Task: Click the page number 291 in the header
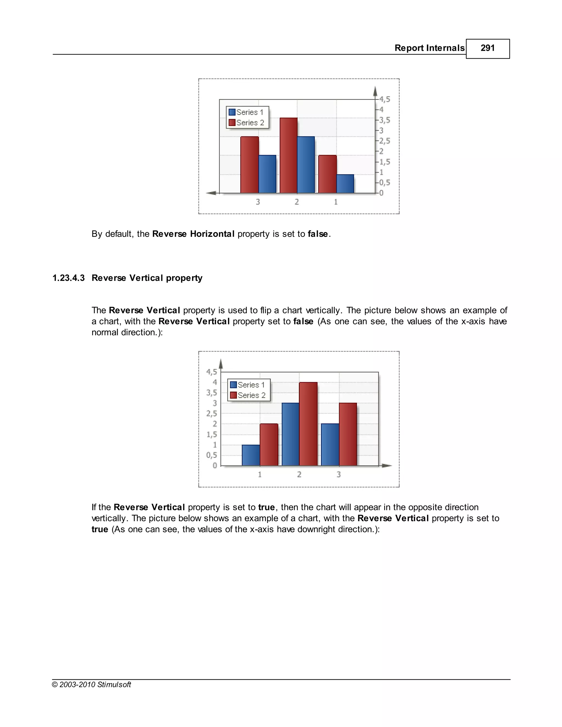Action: pos(487,48)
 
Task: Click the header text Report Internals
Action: pos(429,48)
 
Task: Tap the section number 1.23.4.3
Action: pos(69,278)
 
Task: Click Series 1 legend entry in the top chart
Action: pos(246,112)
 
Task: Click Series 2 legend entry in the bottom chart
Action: pos(248,395)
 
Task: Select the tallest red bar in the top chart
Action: pos(288,156)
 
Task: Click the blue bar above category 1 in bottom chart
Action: pos(251,455)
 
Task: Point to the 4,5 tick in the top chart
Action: pos(384,99)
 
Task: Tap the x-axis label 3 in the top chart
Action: pos(258,202)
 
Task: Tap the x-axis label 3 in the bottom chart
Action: pos(338,474)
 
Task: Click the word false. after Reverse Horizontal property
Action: pos(319,234)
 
